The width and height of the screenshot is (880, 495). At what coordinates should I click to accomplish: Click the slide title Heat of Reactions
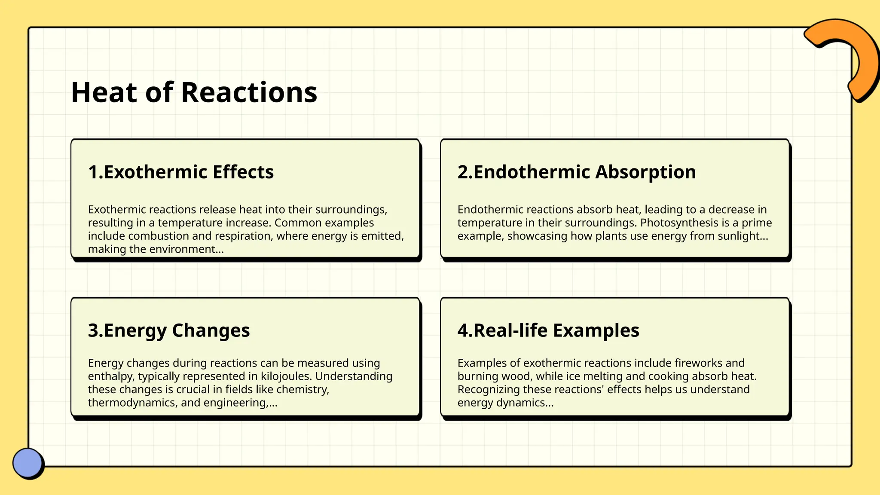(194, 92)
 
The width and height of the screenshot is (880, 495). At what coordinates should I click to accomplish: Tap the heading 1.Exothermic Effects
(180, 172)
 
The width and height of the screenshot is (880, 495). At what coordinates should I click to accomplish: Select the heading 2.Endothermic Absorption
(576, 172)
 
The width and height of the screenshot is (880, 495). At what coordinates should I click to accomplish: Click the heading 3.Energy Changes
(168, 330)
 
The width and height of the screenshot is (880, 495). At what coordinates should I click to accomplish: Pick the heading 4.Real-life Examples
(548, 330)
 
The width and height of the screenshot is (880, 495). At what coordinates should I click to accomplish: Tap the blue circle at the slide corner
(28, 463)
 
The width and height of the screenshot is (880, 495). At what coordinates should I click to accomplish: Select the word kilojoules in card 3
(286, 376)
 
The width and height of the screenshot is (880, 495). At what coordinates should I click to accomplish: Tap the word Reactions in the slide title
(249, 92)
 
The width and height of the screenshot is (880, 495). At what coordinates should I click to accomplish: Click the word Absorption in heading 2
(645, 172)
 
